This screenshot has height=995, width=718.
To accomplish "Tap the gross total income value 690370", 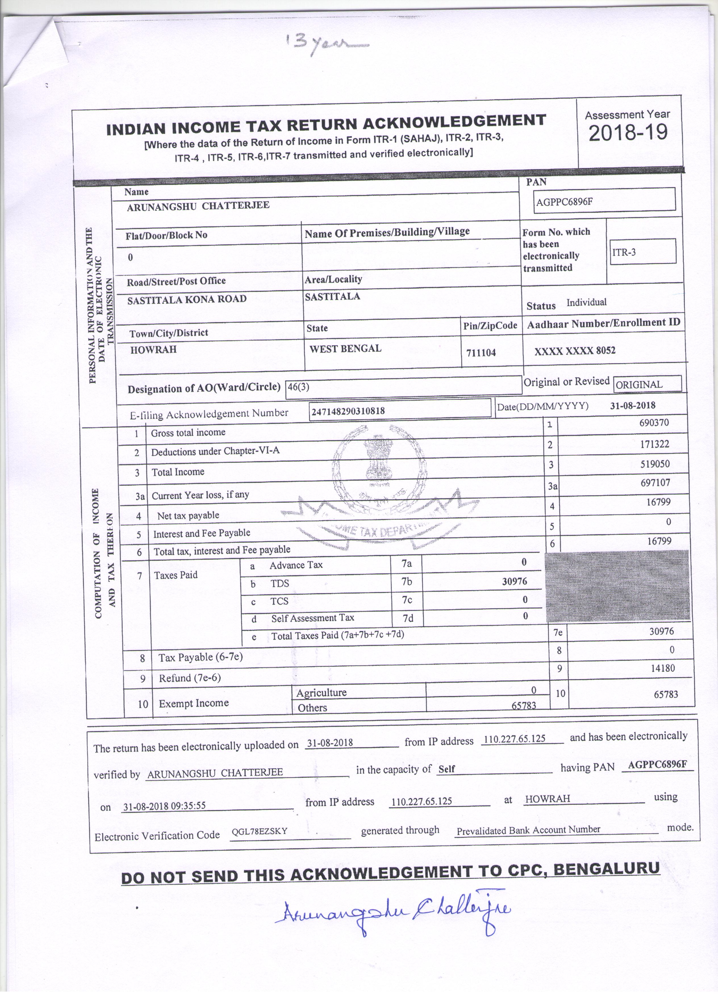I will [x=654, y=422].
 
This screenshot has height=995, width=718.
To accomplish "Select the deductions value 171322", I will [x=654, y=444].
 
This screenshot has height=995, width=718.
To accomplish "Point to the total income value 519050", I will [x=654, y=464].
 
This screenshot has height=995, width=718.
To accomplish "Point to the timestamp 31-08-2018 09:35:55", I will [x=164, y=806].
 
